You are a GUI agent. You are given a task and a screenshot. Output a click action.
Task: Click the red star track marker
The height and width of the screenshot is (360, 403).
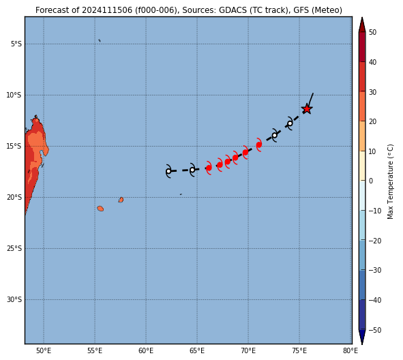307,109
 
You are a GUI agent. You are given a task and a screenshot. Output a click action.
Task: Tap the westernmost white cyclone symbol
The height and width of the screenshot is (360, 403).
168,171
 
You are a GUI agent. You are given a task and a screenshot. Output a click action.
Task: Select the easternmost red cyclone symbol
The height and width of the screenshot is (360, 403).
259,145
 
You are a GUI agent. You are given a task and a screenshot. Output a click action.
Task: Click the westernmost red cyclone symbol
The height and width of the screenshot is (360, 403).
209,168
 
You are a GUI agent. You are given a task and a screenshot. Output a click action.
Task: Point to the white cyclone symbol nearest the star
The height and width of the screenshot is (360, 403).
290,123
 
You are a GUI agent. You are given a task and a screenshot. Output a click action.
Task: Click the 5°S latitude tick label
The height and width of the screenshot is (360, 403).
16,44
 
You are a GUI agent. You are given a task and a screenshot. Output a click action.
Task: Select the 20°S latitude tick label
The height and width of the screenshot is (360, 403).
14,198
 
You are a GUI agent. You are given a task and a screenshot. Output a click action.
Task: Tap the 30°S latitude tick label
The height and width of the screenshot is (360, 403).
14,300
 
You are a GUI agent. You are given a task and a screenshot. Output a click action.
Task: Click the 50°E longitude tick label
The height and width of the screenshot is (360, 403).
44,350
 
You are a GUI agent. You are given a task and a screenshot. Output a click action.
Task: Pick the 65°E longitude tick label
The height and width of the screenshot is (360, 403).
197,350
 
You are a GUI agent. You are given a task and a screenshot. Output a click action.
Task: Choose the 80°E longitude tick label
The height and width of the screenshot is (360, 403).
350,350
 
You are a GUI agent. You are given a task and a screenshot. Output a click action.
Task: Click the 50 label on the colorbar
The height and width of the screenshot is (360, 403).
373,32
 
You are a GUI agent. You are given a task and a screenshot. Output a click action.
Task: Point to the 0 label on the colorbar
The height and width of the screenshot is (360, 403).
371,181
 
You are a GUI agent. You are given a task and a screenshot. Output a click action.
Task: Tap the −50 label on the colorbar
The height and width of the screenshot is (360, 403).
375,330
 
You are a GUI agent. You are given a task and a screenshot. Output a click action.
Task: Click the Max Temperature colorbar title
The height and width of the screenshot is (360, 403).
391,181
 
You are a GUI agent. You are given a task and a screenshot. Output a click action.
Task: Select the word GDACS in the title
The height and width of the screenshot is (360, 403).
230,10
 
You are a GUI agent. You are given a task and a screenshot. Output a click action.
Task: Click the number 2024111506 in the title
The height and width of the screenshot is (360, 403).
107,10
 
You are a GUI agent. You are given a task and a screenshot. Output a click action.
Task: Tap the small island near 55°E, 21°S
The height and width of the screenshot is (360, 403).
100,209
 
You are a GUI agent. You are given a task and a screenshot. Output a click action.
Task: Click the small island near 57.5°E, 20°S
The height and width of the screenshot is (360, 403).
121,200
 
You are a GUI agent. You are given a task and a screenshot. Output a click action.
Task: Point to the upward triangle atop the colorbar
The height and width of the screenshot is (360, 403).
362,24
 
